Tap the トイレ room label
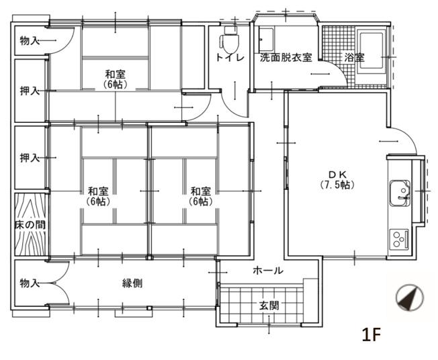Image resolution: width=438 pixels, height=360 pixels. pos(228,58)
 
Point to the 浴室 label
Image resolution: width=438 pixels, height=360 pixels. pos(355,58)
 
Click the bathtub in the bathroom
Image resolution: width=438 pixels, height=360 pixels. pos(371,47)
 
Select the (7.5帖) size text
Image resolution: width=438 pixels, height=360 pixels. pos(334,185)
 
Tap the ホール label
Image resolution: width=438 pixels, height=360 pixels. pos(267,271)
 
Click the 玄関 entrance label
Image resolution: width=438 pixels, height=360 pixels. pos(269,306)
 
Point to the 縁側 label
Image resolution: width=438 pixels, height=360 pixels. pos(132,283)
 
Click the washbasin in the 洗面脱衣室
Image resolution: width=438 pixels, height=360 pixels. pos(266,37)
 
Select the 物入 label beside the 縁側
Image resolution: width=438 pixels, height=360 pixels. pos(30,283)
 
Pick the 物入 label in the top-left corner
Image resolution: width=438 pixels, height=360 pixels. pos(30,42)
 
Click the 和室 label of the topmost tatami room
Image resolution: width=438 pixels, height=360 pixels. pos(116,74)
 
